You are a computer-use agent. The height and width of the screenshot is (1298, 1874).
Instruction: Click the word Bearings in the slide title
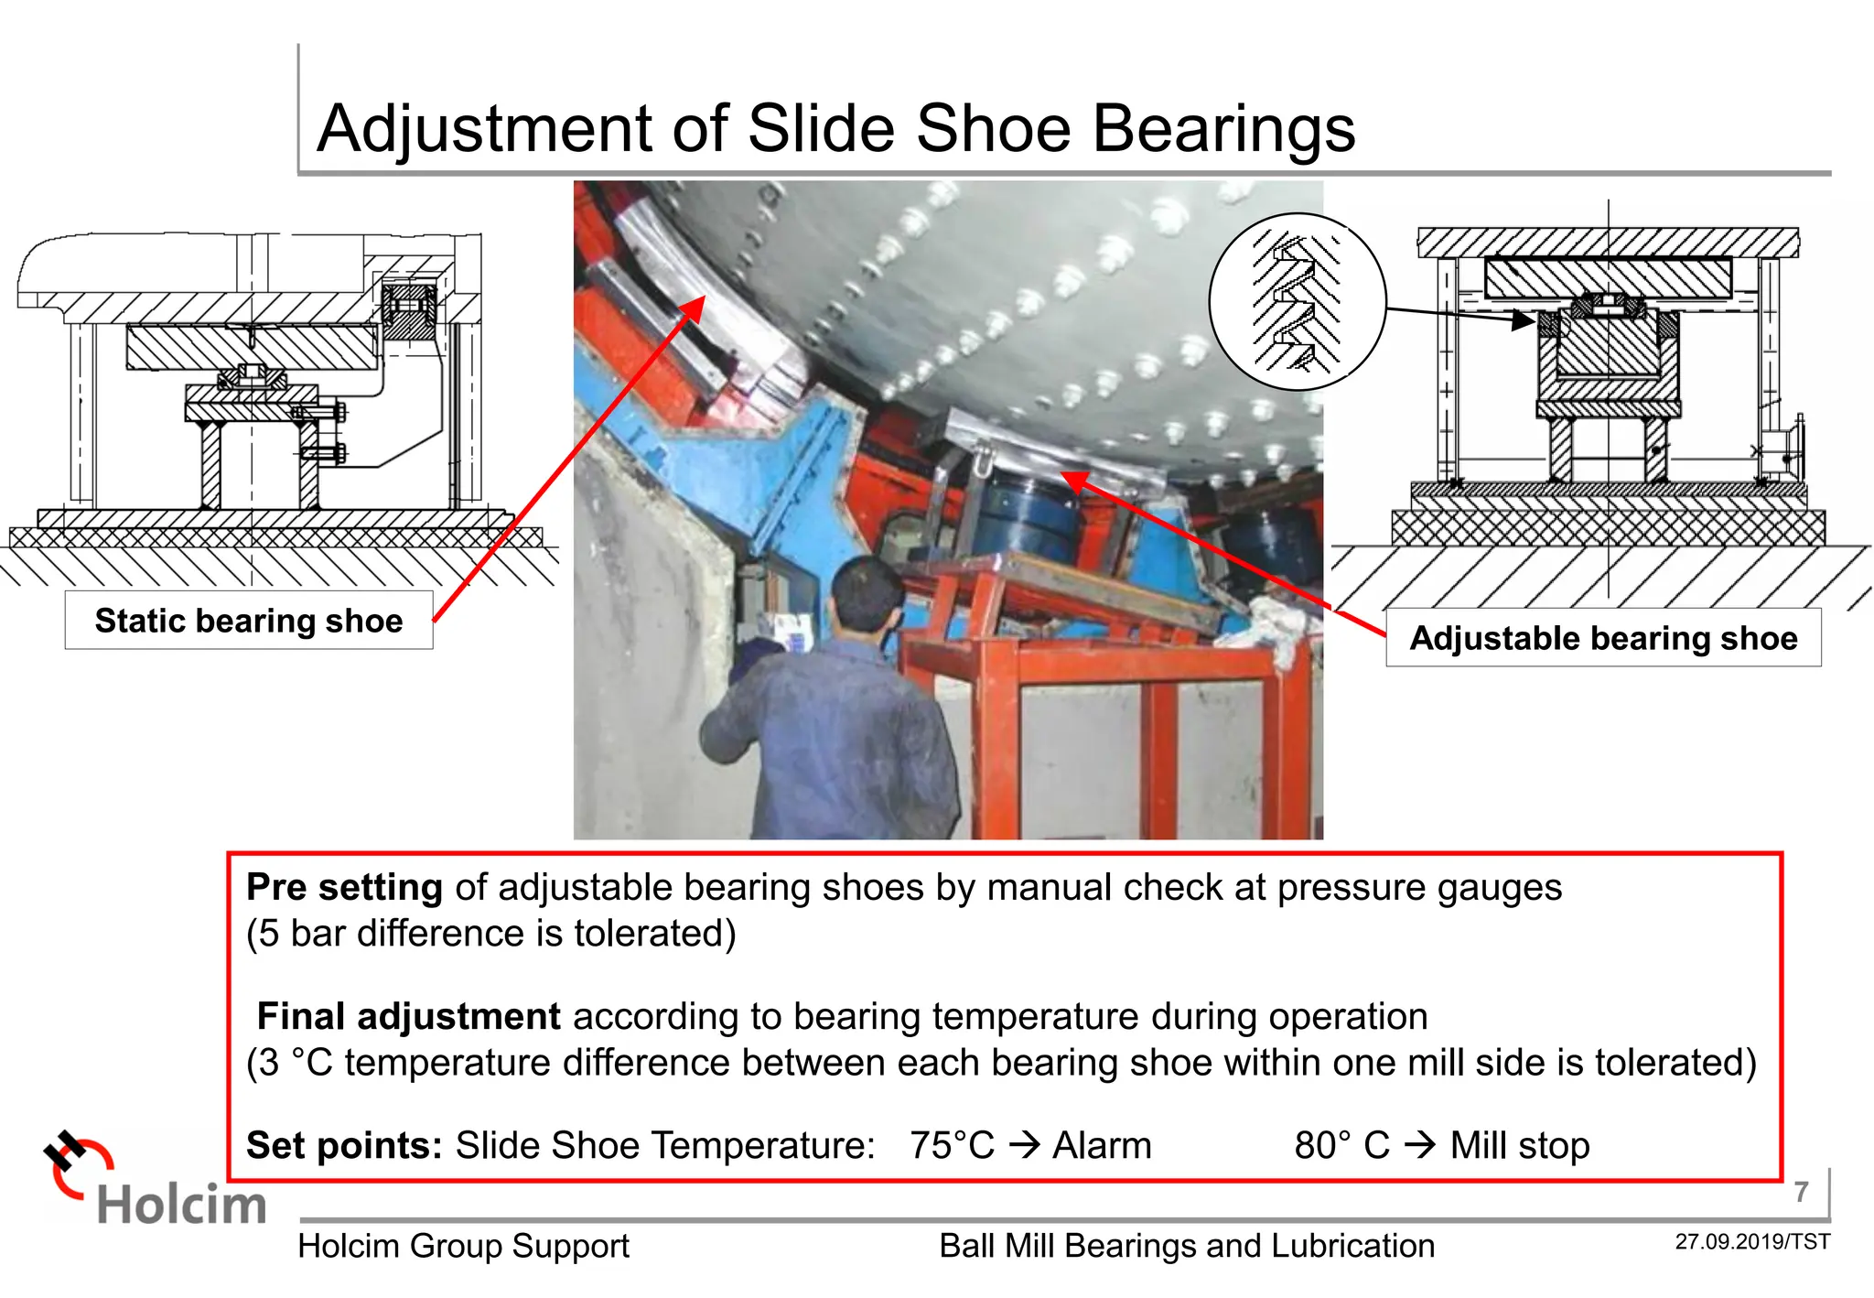[x=1223, y=128]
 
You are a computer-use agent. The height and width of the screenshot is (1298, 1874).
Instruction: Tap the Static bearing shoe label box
[x=249, y=621]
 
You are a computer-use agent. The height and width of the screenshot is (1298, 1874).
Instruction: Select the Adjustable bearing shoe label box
[x=1603, y=638]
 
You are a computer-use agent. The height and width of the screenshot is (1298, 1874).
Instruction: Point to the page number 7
[x=1801, y=1192]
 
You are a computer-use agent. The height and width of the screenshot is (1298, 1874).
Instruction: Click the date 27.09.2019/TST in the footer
[x=1752, y=1242]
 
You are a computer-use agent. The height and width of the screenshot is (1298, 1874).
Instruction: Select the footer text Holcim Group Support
[x=463, y=1246]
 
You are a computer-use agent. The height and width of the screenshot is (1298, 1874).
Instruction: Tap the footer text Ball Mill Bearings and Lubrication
[x=1186, y=1246]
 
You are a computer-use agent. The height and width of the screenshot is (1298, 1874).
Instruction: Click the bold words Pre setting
[x=344, y=888]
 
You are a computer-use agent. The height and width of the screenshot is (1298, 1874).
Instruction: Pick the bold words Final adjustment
[x=408, y=1017]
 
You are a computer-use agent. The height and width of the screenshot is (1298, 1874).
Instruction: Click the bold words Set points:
[x=344, y=1146]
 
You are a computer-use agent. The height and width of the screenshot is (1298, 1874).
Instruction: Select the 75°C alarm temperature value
[x=952, y=1146]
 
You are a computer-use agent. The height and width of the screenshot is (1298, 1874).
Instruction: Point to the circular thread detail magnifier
[x=1298, y=302]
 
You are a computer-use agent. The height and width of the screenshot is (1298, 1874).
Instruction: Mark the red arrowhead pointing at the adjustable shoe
[x=1075, y=481]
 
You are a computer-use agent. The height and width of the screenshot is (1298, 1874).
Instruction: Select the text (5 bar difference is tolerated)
[x=491, y=934]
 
